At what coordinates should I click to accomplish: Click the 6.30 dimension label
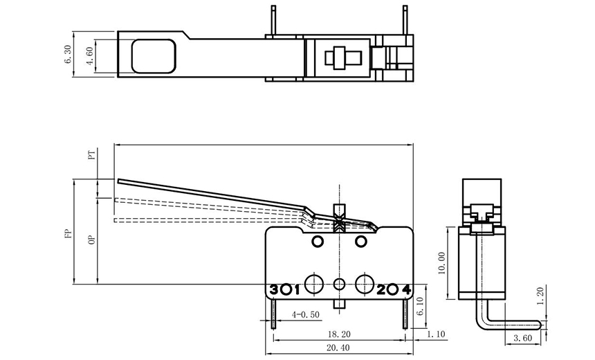point(68,55)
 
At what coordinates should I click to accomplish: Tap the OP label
point(91,240)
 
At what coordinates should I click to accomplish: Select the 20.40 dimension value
point(339,348)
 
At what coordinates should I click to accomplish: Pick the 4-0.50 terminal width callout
point(305,314)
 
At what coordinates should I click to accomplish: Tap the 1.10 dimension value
point(437,334)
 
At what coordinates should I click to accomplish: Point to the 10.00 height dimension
point(442,262)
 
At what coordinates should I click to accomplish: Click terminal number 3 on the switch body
point(274,289)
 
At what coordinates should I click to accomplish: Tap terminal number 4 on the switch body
point(406,289)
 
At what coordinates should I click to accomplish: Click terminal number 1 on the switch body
point(296,289)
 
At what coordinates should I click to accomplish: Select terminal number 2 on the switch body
point(381,289)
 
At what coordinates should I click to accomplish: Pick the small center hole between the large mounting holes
point(339,283)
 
